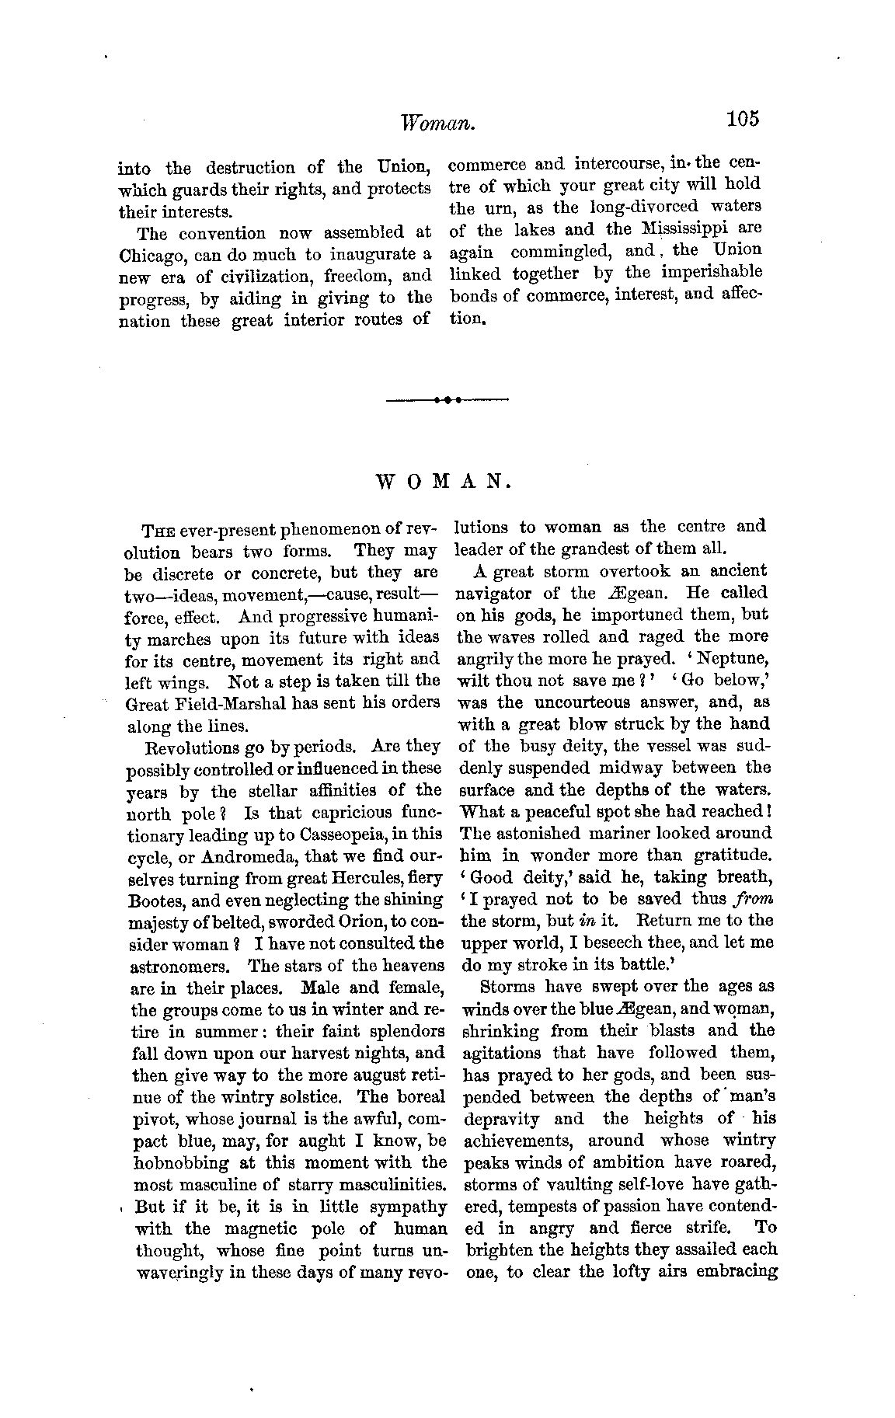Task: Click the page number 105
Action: click(x=742, y=119)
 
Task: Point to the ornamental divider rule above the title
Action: click(x=447, y=400)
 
